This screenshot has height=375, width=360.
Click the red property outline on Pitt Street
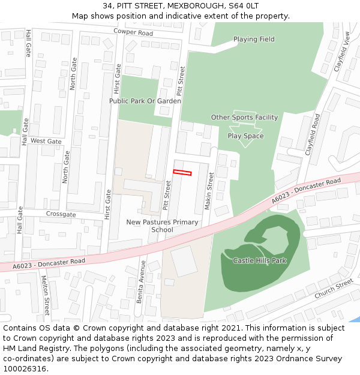[x=182, y=173]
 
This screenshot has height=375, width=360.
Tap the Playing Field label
[x=254, y=40]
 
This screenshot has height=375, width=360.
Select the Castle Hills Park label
[x=260, y=260]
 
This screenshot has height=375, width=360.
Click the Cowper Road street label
[x=133, y=32]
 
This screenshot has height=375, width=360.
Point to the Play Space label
[x=245, y=136]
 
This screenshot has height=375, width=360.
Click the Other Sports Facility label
[x=244, y=118]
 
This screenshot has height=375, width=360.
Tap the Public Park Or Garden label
[x=145, y=101]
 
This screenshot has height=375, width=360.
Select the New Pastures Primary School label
[x=162, y=226]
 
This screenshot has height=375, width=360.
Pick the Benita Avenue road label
[x=141, y=281]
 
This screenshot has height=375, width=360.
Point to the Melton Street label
[x=45, y=295]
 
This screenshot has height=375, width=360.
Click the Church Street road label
[x=334, y=289]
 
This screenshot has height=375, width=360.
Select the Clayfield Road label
[x=313, y=134]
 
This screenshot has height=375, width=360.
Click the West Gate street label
[x=46, y=141]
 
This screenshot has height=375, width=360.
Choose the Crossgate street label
[x=61, y=214]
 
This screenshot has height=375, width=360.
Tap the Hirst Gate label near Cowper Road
[x=118, y=79]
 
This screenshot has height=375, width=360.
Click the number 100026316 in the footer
[x=25, y=368]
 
